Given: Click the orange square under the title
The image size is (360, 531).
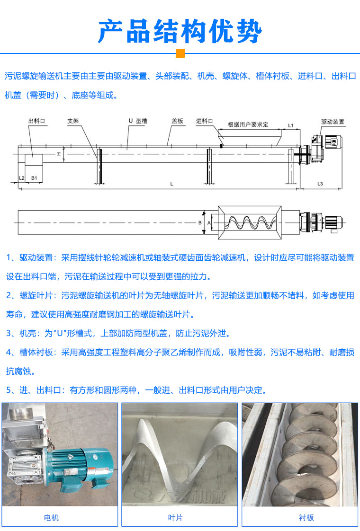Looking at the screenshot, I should [180, 53].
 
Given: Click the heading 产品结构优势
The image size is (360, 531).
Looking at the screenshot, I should [180, 31].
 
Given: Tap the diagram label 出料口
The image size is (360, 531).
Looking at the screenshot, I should [36, 122].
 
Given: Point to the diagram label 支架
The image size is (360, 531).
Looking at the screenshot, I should [72, 121].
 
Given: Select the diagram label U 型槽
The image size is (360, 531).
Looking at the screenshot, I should [137, 121].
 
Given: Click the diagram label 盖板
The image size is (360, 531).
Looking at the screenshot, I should [177, 121].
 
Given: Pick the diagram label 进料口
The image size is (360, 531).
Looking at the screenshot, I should [205, 121].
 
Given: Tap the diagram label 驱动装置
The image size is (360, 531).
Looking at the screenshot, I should [333, 122].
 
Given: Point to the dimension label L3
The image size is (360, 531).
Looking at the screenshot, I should [320, 183].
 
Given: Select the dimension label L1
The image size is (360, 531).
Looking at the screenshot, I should [291, 126].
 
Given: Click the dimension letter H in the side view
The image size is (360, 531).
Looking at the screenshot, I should [59, 154].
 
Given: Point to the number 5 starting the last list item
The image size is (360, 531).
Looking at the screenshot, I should [9, 390].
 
